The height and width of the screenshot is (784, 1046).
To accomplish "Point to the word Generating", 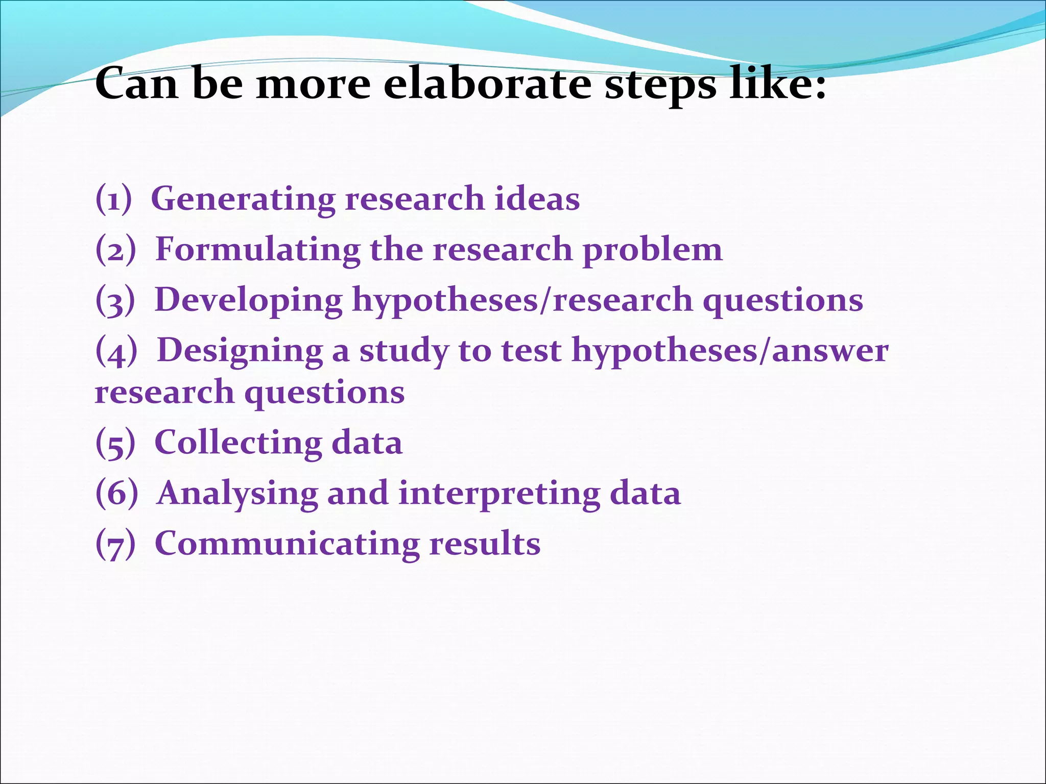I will pyautogui.click(x=243, y=199).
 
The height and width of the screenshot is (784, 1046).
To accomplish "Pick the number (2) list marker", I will pyautogui.click(x=116, y=250).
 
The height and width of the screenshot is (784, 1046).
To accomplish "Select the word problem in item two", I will pyautogui.click(x=653, y=251).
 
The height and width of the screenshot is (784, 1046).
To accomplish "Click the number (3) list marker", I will pyautogui.click(x=115, y=300).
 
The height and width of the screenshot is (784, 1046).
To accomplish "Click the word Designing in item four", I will pyautogui.click(x=240, y=352).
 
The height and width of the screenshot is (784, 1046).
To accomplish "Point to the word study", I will pyautogui.click(x=404, y=352).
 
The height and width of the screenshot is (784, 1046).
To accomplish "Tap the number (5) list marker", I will pyautogui.click(x=115, y=443).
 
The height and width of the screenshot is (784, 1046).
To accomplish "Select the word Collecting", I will pyautogui.click(x=237, y=443).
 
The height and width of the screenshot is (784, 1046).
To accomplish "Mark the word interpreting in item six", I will pyautogui.click(x=499, y=494).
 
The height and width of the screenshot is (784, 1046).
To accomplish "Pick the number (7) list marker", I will pyautogui.click(x=115, y=544).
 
